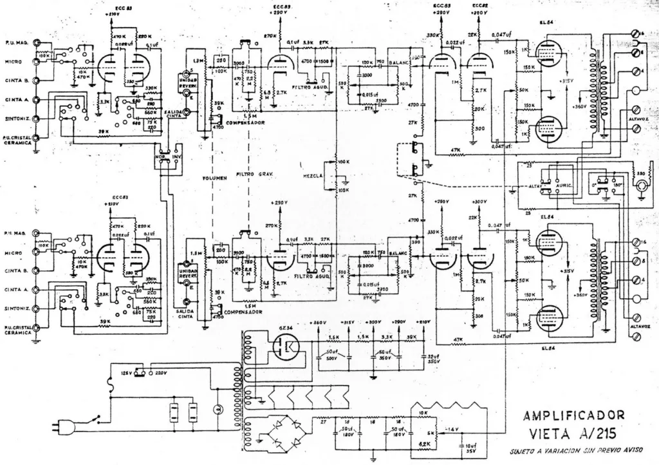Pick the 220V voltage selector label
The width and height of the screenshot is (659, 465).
point(161,372)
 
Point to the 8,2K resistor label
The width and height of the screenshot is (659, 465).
point(425,444)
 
